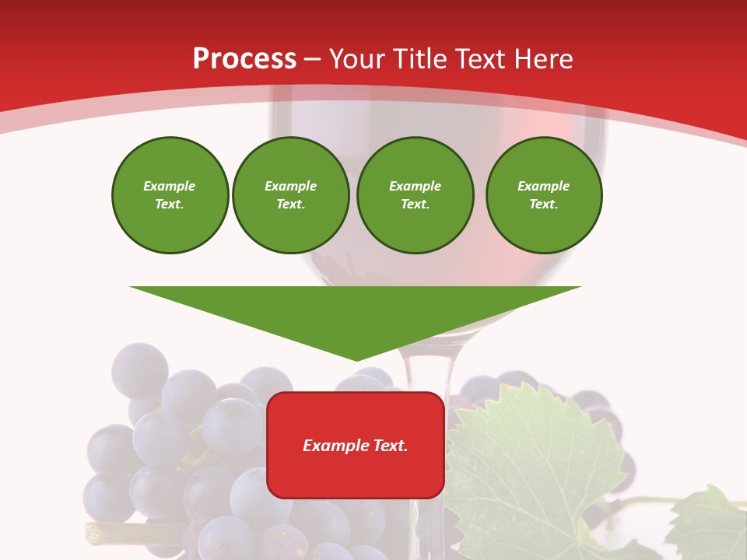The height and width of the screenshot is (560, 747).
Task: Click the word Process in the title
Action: click(244, 59)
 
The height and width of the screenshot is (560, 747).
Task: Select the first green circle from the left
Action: click(170, 195)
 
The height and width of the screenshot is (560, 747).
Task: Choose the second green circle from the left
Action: click(291, 195)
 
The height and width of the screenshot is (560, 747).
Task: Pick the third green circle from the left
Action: click(415, 195)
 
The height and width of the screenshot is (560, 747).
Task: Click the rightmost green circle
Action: click(544, 195)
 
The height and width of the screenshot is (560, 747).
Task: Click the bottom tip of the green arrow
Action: click(356, 359)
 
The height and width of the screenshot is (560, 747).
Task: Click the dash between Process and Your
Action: click(313, 59)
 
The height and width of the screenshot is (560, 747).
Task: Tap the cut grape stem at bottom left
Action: click(97, 533)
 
